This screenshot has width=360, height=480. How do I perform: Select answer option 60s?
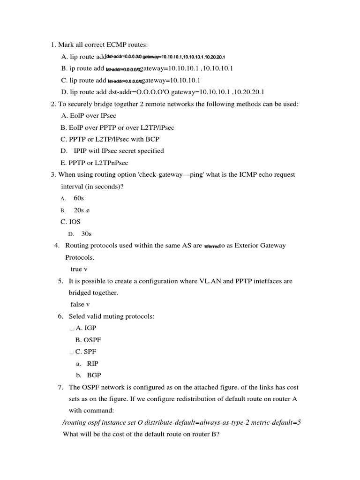pyautogui.click(x=79, y=198)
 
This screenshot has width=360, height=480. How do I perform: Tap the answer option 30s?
pyautogui.click(x=86, y=234)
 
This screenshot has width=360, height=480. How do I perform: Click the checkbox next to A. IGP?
pyautogui.click(x=72, y=329)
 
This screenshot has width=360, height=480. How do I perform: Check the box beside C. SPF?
pyautogui.click(x=72, y=352)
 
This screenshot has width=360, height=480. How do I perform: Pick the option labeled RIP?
pyautogui.click(x=93, y=364)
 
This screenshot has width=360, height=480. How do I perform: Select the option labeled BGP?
pyautogui.click(x=94, y=375)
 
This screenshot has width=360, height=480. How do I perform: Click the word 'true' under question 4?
pyautogui.click(x=76, y=269)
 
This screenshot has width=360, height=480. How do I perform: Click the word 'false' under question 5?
pyautogui.click(x=77, y=304)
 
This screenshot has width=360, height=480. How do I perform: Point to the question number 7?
pyautogui.click(x=60, y=388)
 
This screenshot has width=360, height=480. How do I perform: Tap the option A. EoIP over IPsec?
pyautogui.click(x=89, y=115)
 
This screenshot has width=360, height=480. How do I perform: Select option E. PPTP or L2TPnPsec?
pyautogui.click(x=94, y=163)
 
